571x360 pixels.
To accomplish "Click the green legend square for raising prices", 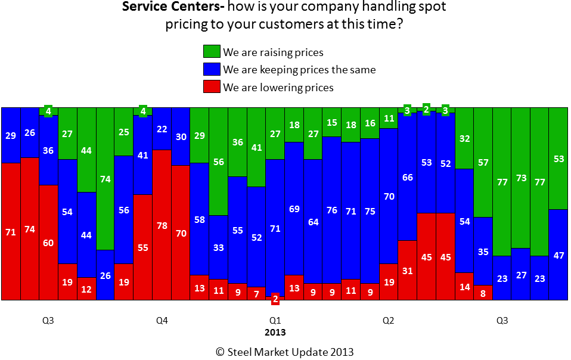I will [212, 52].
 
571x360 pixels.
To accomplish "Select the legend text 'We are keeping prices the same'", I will [299, 70].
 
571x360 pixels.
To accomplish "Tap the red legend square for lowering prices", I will [212, 87].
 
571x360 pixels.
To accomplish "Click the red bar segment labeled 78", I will [162, 225].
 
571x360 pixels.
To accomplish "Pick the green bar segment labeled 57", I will [483, 162].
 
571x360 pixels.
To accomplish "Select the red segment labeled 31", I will [407, 270].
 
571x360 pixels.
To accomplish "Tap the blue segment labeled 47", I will [558, 255].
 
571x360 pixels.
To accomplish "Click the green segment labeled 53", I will [558, 159].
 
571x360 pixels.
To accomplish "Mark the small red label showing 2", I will [275, 299].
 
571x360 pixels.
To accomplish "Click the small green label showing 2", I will [426, 108].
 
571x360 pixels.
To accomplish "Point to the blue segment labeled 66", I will [407, 177].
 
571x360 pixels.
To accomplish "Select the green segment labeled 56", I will [218, 162].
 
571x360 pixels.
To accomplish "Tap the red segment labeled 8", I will [483, 293].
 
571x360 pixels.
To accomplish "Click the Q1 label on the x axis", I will [275, 321].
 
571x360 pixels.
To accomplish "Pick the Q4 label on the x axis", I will [162, 321].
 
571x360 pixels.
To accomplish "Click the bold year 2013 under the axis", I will [275, 332].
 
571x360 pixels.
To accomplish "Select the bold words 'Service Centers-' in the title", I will [163, 8].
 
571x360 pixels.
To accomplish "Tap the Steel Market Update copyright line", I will [285, 352].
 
